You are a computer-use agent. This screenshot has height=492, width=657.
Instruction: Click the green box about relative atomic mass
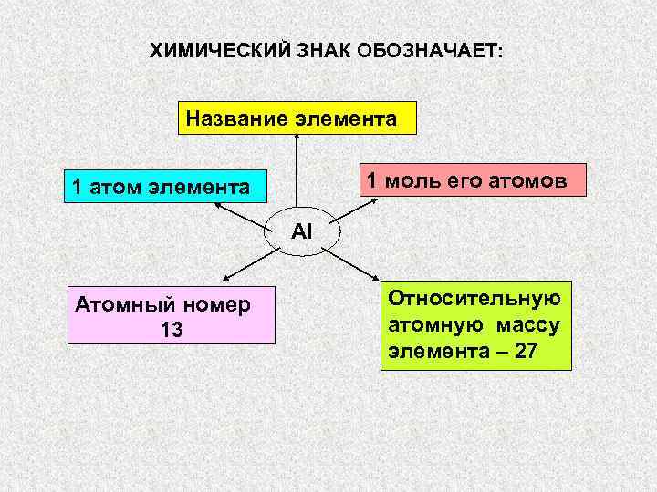pos(474,325)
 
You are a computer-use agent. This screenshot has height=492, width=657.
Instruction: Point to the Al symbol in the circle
pos(302,231)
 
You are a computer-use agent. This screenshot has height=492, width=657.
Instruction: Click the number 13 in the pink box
pos(172,330)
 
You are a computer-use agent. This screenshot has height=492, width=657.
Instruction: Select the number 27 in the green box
pos(527,352)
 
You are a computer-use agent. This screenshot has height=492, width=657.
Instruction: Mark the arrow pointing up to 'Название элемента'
pos(296,173)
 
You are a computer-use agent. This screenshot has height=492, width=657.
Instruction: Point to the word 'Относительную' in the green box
pos(474,299)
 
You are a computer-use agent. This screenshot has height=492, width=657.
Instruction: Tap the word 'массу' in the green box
pos(529,325)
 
